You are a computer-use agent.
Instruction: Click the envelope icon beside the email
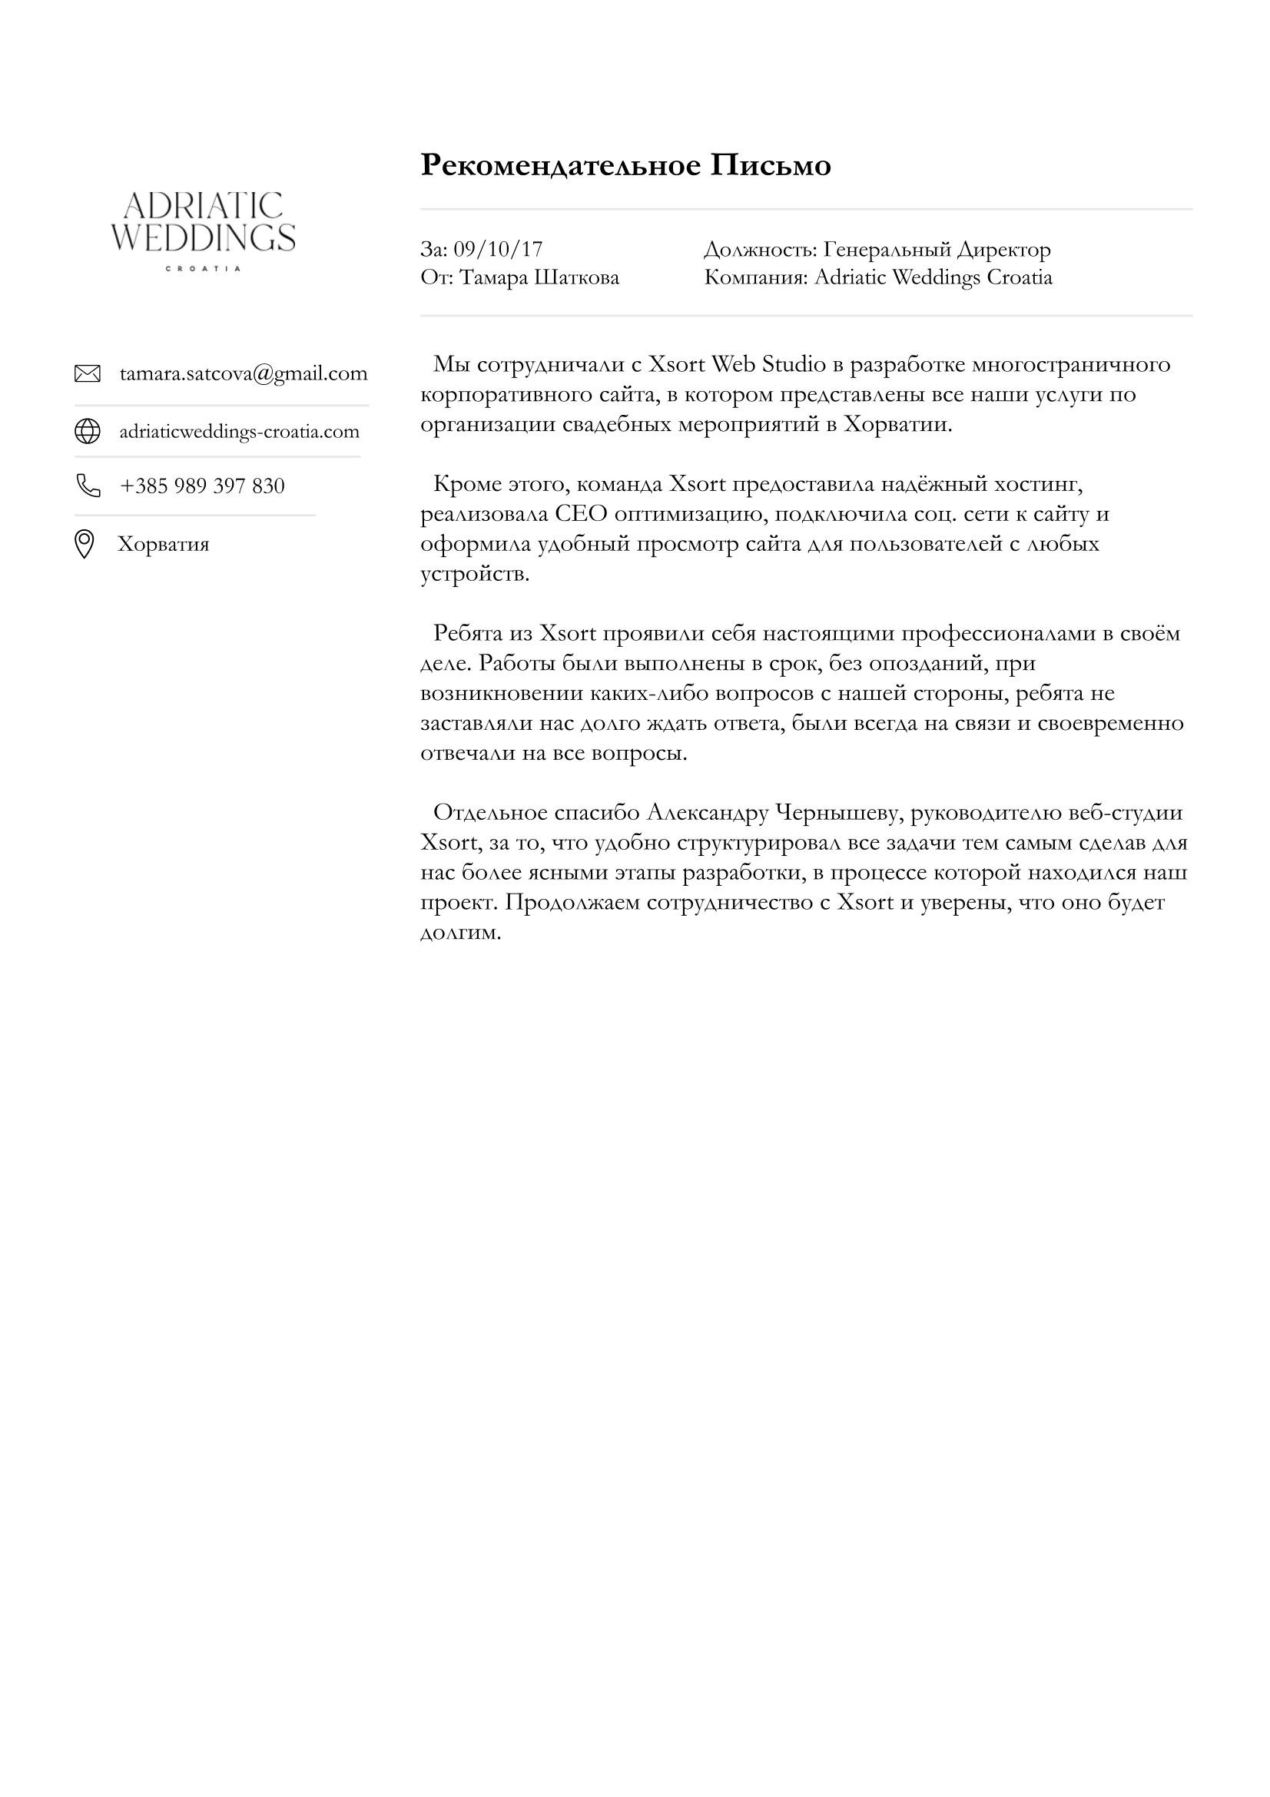coord(87,373)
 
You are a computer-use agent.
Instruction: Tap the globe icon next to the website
coord(87,431)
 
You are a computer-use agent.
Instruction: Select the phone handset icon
coord(88,486)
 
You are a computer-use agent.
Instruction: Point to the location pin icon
coord(84,544)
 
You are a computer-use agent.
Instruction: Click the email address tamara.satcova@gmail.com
coord(244,373)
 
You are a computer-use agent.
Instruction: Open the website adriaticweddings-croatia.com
coord(239,431)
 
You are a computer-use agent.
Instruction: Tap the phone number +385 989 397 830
coord(202,486)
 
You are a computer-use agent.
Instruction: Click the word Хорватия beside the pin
coord(164,544)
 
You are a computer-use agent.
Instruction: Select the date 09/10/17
coord(498,249)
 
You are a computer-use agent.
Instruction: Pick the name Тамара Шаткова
coord(539,277)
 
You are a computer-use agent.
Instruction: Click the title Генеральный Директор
coord(937,249)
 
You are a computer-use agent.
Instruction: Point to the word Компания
coord(754,277)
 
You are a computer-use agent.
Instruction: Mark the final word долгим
coord(460,932)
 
